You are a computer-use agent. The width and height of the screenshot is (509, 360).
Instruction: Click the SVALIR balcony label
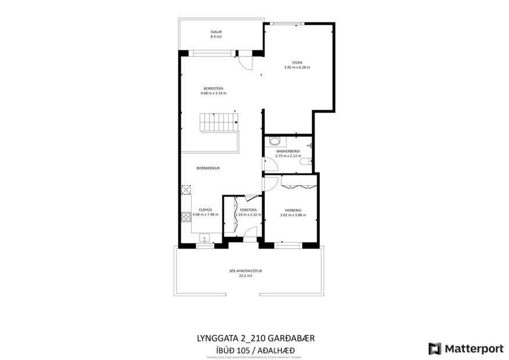(x=216, y=31)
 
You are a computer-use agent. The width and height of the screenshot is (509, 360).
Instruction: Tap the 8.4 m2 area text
(x=216, y=37)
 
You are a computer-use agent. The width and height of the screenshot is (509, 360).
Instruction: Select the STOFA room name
(x=297, y=63)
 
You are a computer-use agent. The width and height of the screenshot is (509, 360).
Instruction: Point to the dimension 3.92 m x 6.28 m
(x=297, y=67)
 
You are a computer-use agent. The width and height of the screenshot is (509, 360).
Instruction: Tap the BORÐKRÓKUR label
(x=208, y=168)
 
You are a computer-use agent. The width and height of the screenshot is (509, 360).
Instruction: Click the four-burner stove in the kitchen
(x=186, y=217)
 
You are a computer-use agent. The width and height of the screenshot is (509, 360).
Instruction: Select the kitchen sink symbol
(x=204, y=237)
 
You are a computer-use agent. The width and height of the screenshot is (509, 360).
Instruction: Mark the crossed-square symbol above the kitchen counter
(x=186, y=189)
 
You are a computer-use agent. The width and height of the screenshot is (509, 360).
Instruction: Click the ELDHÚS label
(x=205, y=210)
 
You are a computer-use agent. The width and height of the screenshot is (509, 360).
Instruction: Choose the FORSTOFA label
(x=248, y=210)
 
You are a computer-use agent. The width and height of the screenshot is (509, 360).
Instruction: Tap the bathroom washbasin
(x=275, y=140)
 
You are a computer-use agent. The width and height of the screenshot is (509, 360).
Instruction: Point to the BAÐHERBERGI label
(x=288, y=151)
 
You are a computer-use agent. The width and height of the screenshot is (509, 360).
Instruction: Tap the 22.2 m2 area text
(x=246, y=276)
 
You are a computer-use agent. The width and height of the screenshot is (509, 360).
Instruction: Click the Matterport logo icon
(x=435, y=348)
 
